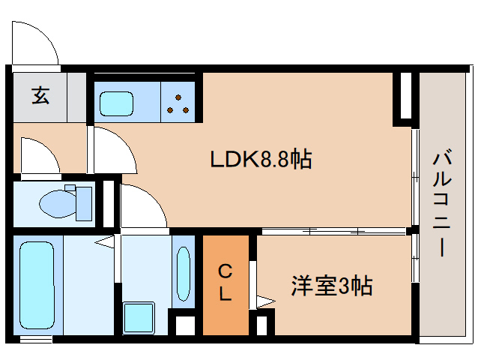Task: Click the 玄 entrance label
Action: pyautogui.click(x=40, y=95)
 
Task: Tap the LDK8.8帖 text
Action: pyautogui.click(x=261, y=159)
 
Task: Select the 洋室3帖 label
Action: pyautogui.click(x=332, y=286)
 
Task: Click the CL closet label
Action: pyautogui.click(x=226, y=283)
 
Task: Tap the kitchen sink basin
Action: pyautogui.click(x=117, y=103)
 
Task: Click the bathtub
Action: pyautogui.click(x=37, y=285)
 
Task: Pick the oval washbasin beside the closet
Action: pyautogui.click(x=184, y=274)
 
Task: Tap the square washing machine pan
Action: pyautogui.click(x=139, y=317)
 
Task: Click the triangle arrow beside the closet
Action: pyautogui.click(x=266, y=301)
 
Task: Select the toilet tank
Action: pyautogui.click(x=84, y=204)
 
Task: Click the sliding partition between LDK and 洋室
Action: pyautogui.click(x=334, y=231)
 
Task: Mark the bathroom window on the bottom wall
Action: pyautogui.click(x=36, y=339)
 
